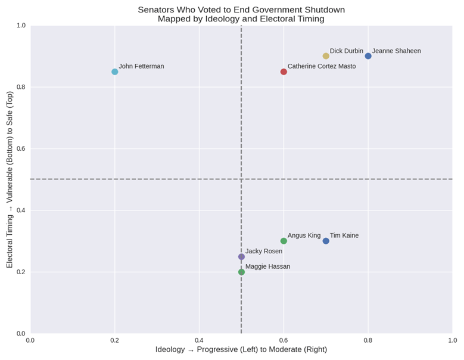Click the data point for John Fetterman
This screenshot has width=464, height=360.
click(114, 72)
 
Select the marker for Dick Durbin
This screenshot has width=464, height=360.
click(326, 56)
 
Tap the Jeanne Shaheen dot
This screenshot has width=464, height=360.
click(368, 56)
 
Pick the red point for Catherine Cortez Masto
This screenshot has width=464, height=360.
click(284, 72)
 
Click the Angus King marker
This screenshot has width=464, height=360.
click(284, 241)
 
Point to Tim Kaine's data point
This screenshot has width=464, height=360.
click(326, 241)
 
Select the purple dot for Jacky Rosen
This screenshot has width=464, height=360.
click(241, 257)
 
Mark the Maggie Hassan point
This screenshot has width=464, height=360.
click(241, 272)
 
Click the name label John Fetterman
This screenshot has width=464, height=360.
click(141, 66)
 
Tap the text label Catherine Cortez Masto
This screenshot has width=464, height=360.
click(322, 66)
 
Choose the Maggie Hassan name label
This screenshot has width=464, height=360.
click(267, 266)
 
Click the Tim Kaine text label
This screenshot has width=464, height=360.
click(344, 235)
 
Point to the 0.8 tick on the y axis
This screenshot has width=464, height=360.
click(21, 87)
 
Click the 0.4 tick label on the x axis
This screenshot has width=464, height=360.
click(199, 340)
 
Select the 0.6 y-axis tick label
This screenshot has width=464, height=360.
click(21, 148)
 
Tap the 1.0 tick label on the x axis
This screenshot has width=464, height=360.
click(452, 340)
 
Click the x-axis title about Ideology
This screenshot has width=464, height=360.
click(241, 350)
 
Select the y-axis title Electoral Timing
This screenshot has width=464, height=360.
click(10, 179)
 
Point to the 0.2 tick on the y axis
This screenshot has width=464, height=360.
click(21, 272)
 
